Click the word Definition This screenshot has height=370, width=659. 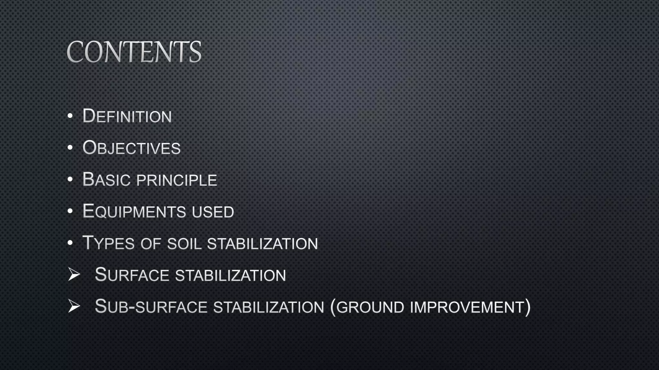coord(127,116)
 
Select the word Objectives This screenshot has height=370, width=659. coord(132,148)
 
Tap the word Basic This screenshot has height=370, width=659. coord(107,180)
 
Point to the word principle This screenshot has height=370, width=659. coord(177,180)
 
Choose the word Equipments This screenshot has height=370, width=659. coord(134,211)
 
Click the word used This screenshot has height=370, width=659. coord(213,212)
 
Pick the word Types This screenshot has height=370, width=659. coord(108,243)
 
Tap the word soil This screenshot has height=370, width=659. coord(184,244)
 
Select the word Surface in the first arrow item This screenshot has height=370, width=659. coord(132,275)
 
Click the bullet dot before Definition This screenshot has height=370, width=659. coord(70,116)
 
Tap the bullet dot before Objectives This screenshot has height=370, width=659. coord(70,148)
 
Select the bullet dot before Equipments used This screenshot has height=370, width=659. coord(70,211)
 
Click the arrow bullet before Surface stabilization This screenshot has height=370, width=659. coord(74,275)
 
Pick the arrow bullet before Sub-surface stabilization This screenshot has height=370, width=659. coord(74,306)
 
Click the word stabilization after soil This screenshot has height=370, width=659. coord(262,244)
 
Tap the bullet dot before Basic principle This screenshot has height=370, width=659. coord(70,180)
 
